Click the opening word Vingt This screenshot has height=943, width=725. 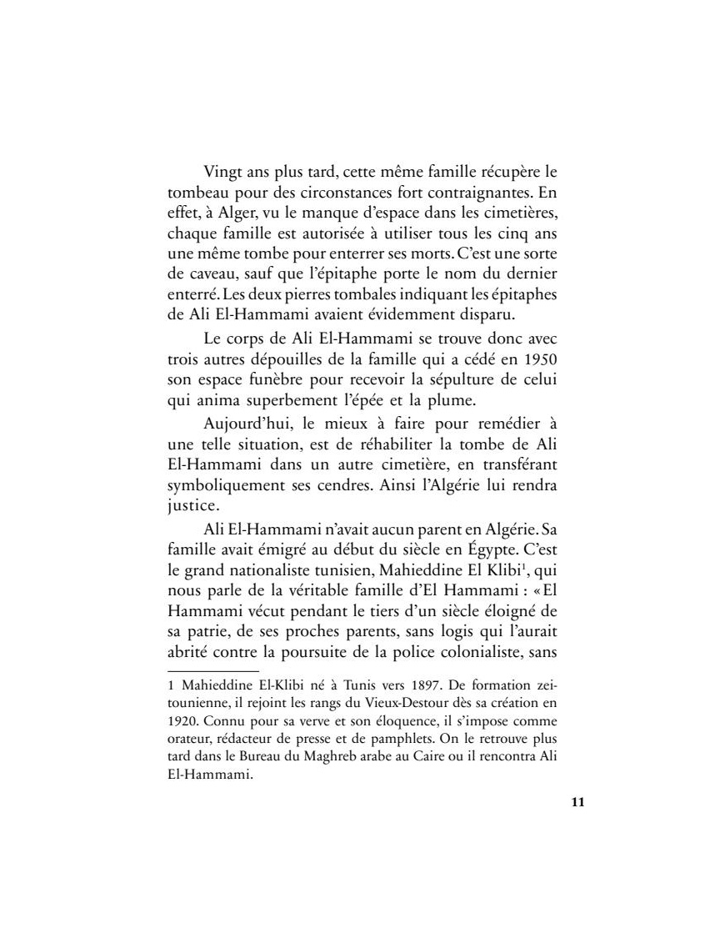(x=222, y=173)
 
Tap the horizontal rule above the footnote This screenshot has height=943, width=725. (x=213, y=670)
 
